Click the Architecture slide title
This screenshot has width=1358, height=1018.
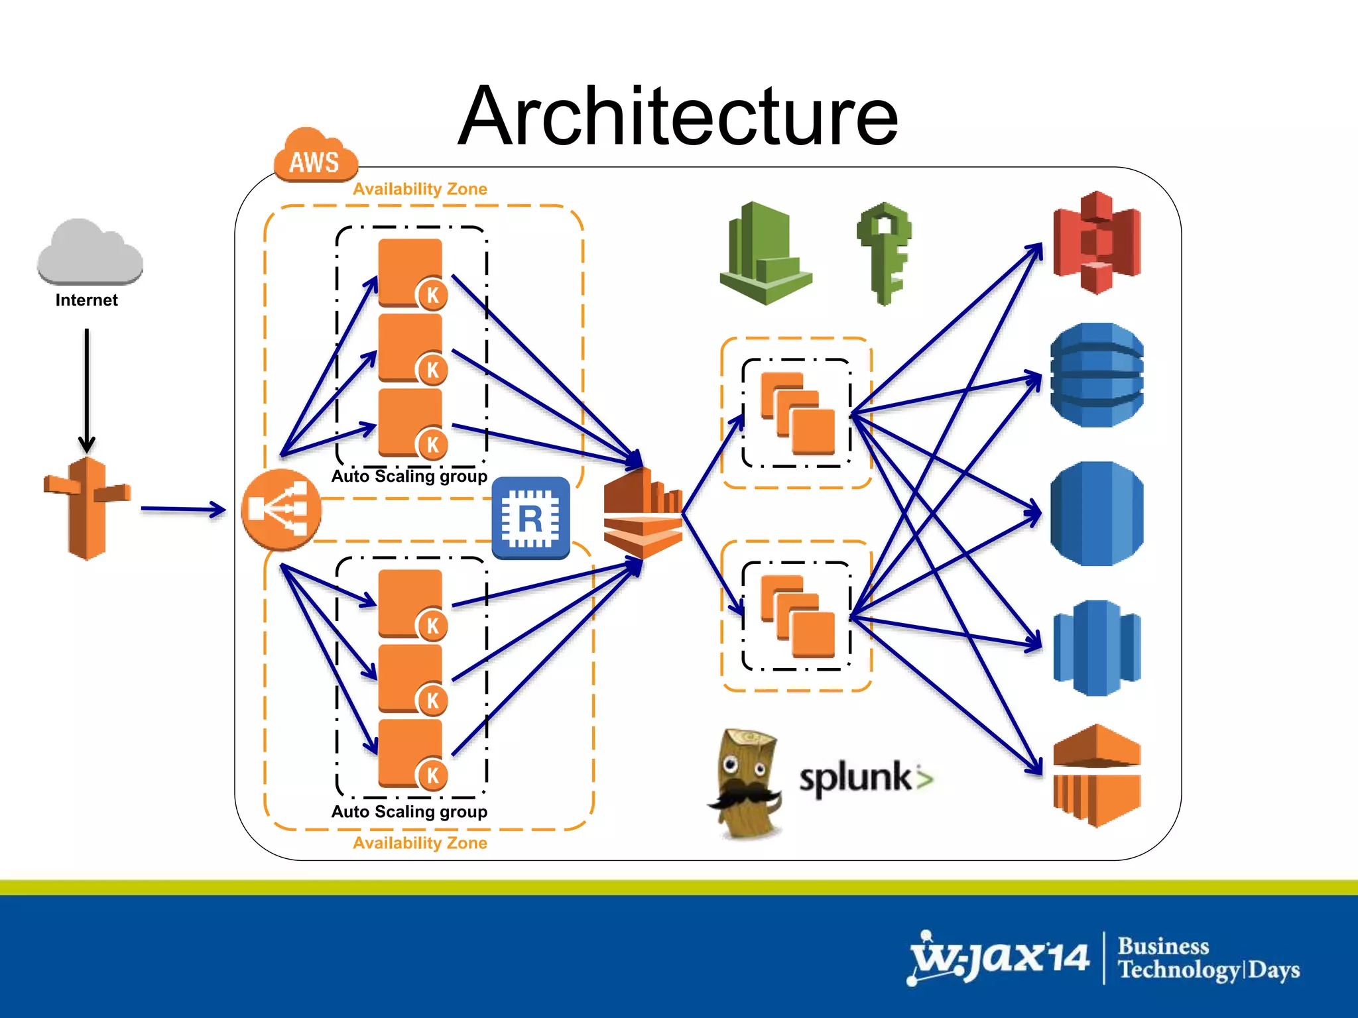678,117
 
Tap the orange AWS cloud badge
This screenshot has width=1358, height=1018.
315,156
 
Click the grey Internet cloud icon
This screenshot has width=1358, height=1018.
90,252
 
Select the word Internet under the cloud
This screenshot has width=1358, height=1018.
86,300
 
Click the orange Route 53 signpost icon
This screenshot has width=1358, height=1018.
87,508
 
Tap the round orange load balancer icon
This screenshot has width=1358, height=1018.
281,510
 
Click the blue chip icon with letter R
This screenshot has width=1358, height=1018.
530,518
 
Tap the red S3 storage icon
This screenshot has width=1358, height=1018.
1097,243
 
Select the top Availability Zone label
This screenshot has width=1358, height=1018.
420,189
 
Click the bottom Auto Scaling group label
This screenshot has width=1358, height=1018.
409,812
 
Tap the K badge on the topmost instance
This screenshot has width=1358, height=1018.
432,295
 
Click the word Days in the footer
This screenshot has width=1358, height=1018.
1274,970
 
